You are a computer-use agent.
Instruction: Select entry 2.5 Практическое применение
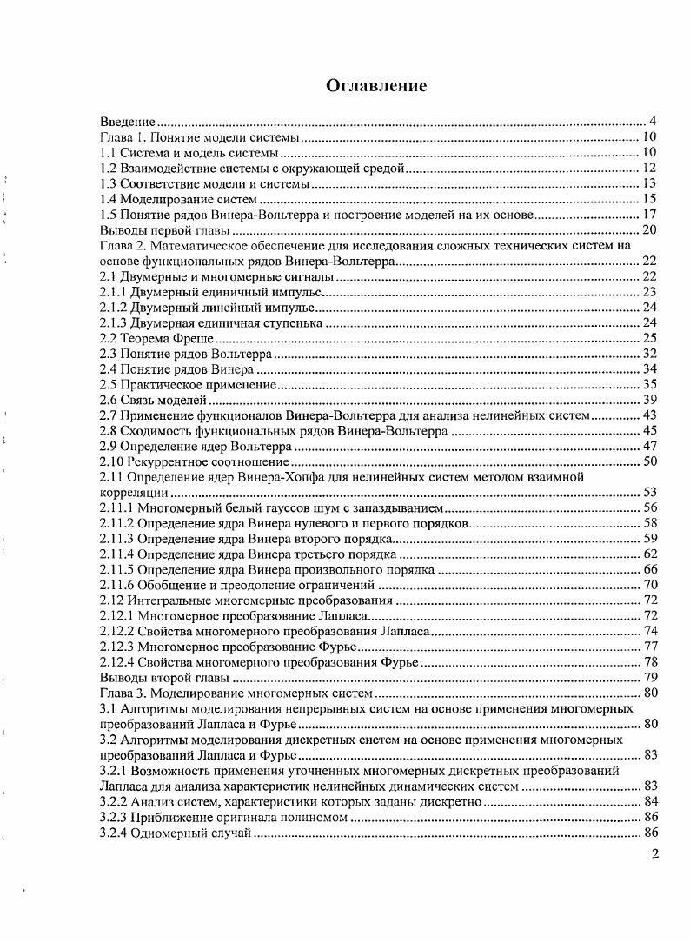pyautogui.click(x=189, y=384)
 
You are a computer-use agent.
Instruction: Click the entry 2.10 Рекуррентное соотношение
pyautogui.click(x=195, y=461)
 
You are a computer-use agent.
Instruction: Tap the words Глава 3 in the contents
pyautogui.click(x=121, y=693)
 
